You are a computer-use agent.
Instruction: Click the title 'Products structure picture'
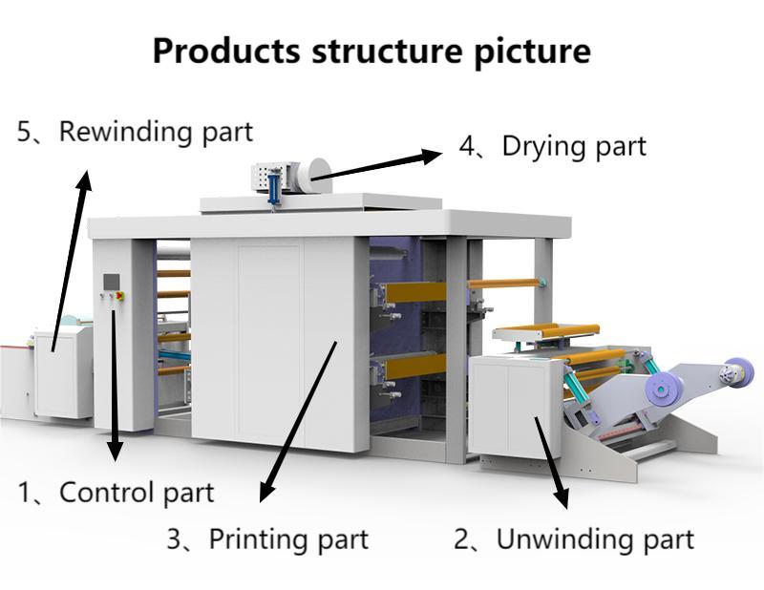tap(371, 52)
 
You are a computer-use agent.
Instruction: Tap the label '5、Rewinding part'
tap(135, 132)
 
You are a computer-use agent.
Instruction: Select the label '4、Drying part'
tap(552, 146)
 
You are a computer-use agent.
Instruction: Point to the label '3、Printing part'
tap(267, 539)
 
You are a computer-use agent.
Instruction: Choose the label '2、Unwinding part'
tap(573, 539)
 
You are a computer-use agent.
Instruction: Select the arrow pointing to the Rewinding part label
tap(72, 258)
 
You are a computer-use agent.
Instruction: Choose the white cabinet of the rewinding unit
tap(62, 372)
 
